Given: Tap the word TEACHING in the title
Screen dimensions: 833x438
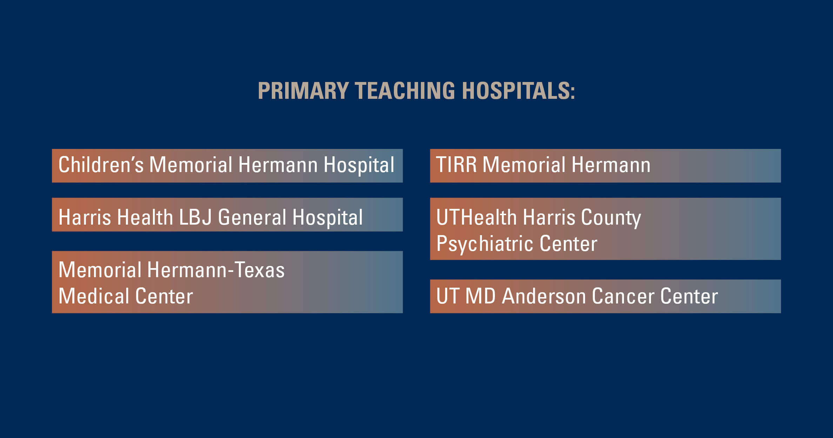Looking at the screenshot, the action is [405, 91].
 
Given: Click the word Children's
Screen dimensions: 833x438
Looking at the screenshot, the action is [101, 165].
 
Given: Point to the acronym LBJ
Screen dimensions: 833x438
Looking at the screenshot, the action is [195, 217].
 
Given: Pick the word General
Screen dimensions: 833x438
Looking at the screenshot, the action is [252, 217].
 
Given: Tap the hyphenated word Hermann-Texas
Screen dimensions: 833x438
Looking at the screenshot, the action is [216, 270].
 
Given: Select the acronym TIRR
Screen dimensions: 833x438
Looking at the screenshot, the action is [456, 165].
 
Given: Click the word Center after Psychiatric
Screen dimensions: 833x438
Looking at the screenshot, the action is [569, 244].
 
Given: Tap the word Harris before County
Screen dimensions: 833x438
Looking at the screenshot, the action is [549, 217].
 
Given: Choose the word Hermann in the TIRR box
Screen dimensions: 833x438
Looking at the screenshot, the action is [611, 165].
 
